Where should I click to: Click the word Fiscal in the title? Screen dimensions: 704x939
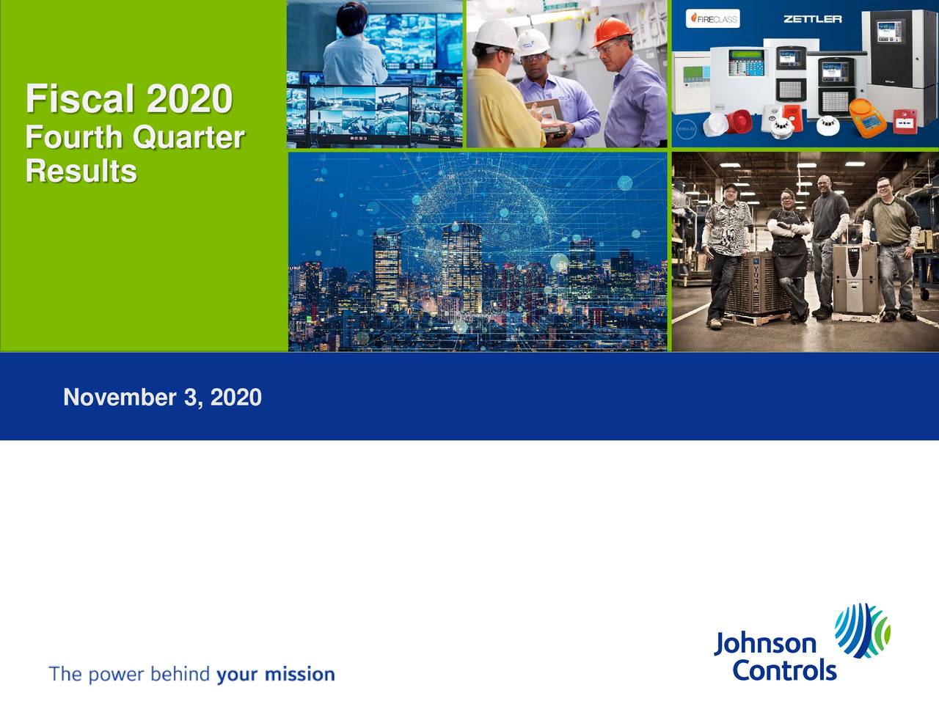(81, 99)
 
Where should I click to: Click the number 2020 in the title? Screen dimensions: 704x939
(189, 99)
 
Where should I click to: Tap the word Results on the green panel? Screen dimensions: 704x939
(81, 172)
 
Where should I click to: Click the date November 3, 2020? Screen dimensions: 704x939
(162, 397)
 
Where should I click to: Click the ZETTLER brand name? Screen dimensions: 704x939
(812, 19)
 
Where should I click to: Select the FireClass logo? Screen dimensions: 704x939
(712, 19)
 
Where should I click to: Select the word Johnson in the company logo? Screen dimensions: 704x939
(764, 644)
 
